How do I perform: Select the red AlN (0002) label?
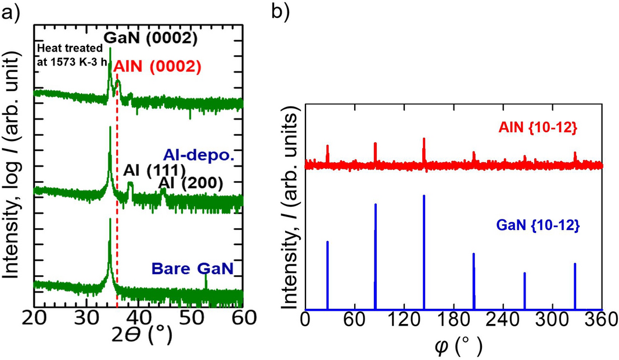(x=157, y=66)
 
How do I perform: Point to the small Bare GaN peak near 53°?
(x=206, y=279)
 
